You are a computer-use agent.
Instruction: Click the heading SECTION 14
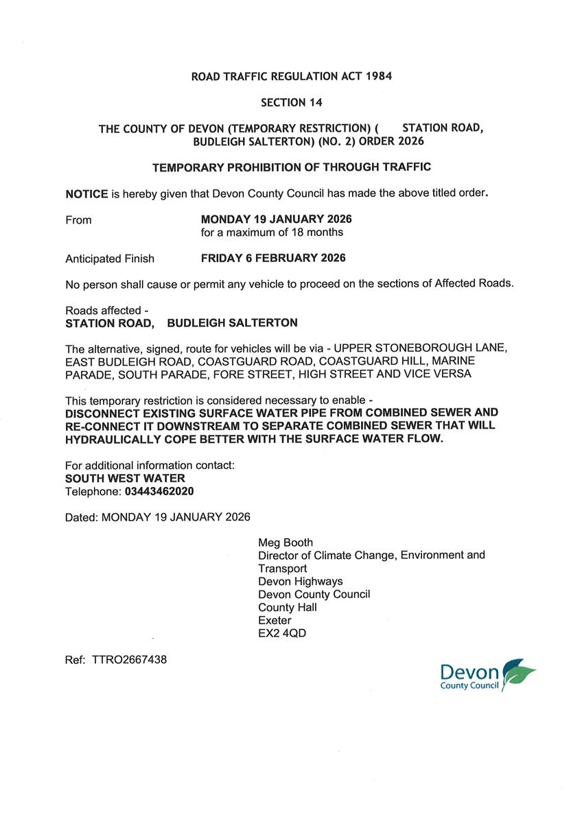[291, 102]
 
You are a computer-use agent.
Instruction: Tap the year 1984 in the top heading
[377, 77]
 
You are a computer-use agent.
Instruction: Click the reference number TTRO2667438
[129, 660]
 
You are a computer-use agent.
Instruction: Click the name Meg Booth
[286, 542]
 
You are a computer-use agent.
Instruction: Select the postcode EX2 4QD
[282, 634]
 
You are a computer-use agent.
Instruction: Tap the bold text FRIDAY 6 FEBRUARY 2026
[273, 259]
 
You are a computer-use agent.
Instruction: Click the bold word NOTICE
[86, 194]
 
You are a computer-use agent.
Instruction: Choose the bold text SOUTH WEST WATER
[125, 478]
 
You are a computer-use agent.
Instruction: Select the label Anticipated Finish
[110, 259]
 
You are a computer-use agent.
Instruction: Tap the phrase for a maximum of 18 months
[272, 232]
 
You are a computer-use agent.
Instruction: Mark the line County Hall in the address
[288, 608]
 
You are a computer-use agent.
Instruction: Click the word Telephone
[93, 492]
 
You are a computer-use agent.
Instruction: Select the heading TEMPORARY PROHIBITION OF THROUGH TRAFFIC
[291, 167]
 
